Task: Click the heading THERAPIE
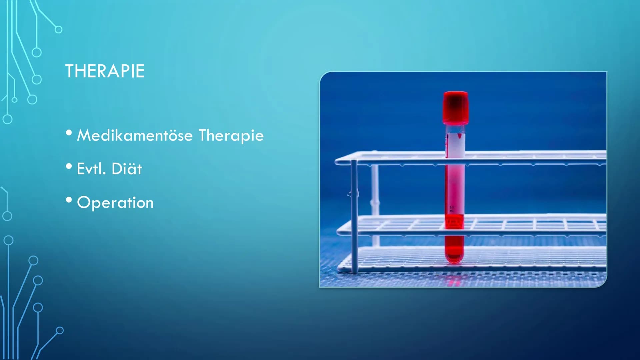tap(105, 71)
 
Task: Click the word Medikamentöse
tap(135, 135)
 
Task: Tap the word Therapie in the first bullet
tap(231, 135)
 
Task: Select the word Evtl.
tap(91, 169)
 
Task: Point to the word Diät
tap(127, 169)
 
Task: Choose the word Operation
tap(115, 203)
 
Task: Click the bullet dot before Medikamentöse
tap(69, 133)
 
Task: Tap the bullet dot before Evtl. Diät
tap(69, 166)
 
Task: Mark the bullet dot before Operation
tap(69, 200)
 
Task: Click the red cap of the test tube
tap(456, 108)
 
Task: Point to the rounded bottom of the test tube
tap(454, 257)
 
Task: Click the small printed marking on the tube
tap(452, 209)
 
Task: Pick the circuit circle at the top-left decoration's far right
tap(58, 29)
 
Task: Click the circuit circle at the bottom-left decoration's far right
tap(60, 330)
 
